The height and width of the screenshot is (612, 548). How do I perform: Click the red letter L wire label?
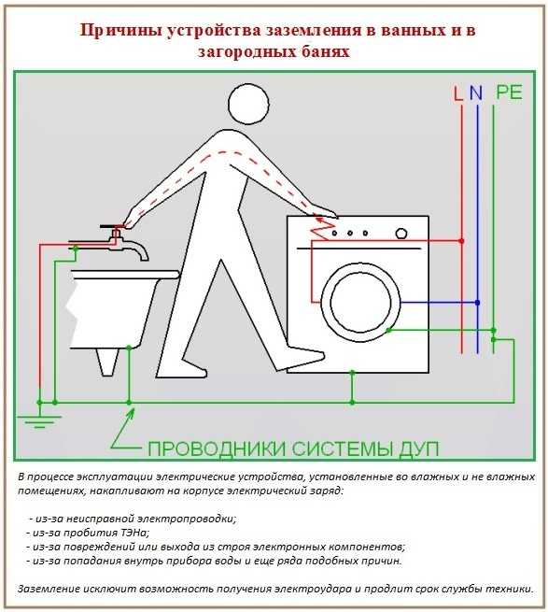point(458,93)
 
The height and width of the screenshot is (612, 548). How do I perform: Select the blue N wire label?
point(476,93)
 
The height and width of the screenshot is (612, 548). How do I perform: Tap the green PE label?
point(509,93)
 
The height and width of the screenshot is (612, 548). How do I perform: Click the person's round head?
point(248,104)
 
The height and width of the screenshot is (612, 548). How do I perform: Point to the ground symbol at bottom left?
point(39,421)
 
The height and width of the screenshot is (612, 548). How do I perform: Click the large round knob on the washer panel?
point(401,234)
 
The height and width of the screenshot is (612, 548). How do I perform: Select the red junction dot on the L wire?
point(462,241)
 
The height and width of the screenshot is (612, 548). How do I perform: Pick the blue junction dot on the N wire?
point(477,303)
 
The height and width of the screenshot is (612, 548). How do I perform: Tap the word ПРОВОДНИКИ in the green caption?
point(217,448)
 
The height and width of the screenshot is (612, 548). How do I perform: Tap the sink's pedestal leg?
point(107,362)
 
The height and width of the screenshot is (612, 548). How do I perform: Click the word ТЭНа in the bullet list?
point(133,533)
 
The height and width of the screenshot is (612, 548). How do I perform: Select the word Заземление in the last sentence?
point(49,589)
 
